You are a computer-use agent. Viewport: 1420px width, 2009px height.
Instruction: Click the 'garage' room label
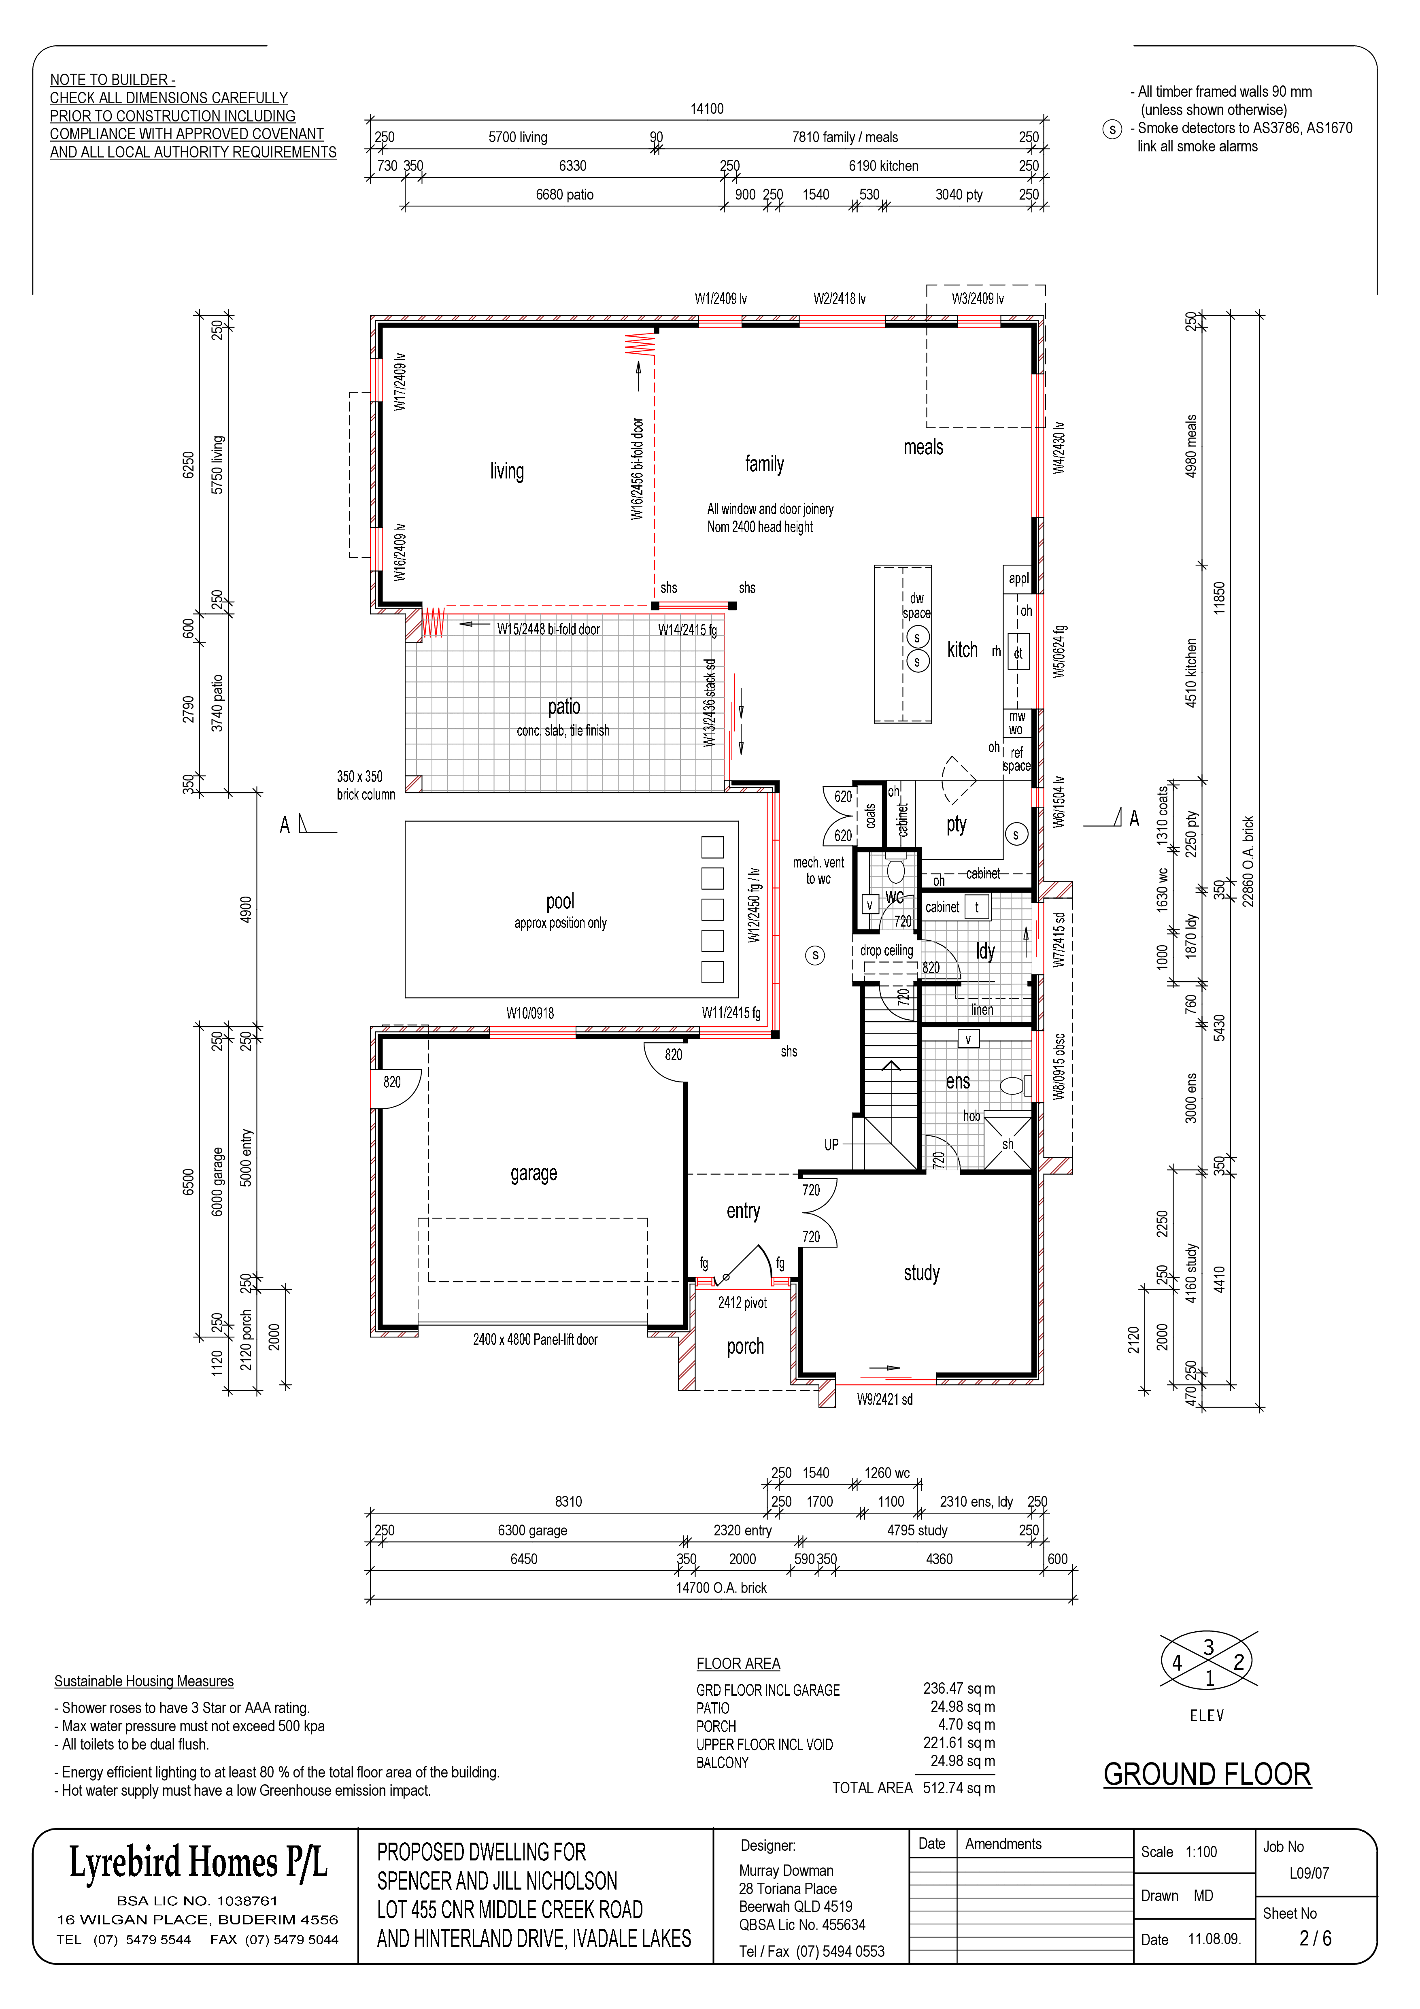(534, 1174)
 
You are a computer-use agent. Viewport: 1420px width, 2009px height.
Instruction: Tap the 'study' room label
(921, 1273)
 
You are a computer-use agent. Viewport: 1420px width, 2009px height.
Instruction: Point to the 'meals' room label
(923, 447)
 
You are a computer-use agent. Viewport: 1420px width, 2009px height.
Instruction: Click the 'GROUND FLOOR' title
(1207, 1775)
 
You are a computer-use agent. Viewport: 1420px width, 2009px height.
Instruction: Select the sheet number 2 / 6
(1315, 1938)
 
